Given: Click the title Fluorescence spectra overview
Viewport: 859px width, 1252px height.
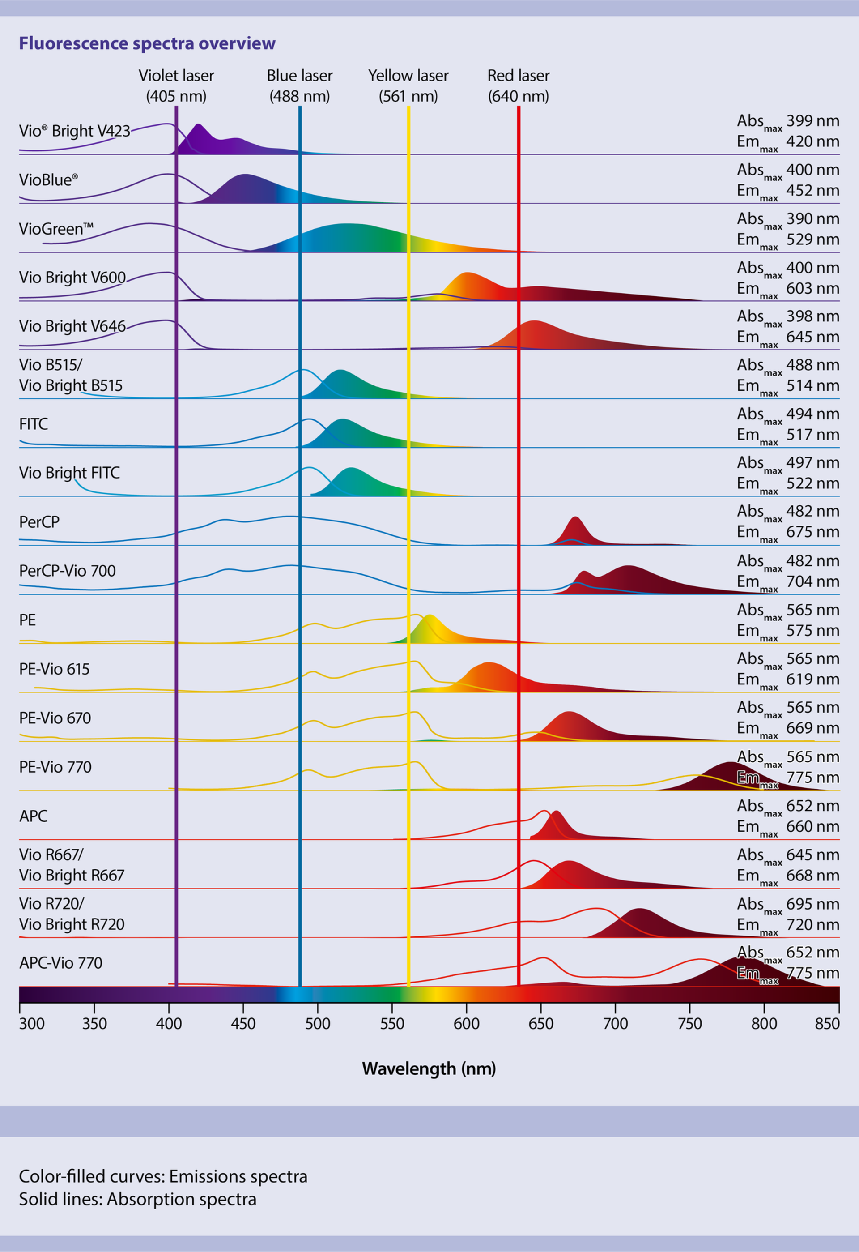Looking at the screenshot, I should click(x=147, y=43).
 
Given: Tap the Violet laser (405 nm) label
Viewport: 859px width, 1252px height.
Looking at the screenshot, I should click(x=176, y=85).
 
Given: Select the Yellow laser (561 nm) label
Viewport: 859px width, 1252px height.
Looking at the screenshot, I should click(x=408, y=85).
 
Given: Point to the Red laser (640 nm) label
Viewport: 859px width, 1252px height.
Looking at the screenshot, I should click(x=518, y=85).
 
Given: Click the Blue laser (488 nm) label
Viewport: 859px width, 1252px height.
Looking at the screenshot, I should click(x=299, y=85).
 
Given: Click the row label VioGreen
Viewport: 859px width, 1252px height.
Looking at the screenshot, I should click(x=56, y=228).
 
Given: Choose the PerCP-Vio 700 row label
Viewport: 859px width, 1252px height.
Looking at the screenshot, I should click(x=67, y=571).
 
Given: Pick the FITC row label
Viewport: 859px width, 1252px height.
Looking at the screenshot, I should click(x=34, y=424).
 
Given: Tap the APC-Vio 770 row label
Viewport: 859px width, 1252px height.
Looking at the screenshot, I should click(x=61, y=963).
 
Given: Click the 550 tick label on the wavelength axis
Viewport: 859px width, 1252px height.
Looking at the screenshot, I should click(x=391, y=1024).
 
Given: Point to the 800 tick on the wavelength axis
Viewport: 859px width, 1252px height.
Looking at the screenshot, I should click(x=764, y=1024).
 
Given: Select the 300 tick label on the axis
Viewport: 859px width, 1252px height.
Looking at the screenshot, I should click(x=32, y=1024).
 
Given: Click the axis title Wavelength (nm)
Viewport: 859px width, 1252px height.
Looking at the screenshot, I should click(x=429, y=1068).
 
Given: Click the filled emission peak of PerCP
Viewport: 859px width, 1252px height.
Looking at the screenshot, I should click(x=576, y=530).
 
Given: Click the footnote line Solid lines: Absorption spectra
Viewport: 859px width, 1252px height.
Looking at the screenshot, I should click(x=137, y=1199).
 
